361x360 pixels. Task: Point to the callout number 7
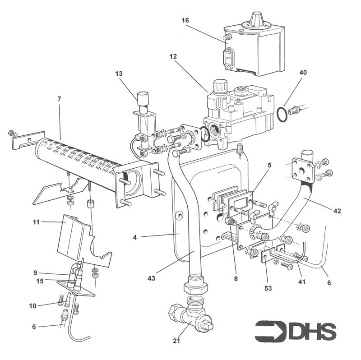point(60,98)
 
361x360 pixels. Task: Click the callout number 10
point(32,306)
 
